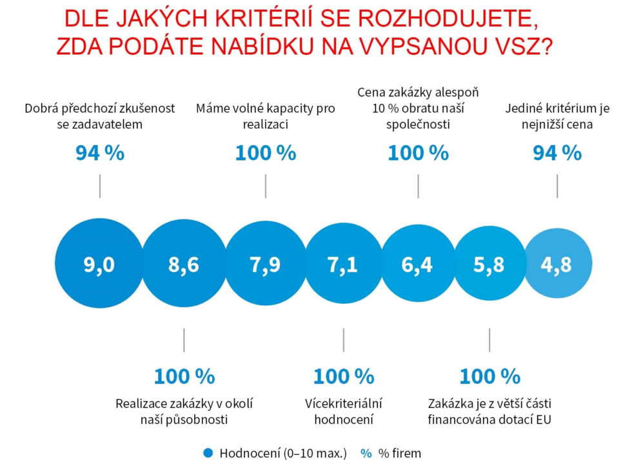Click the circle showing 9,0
coord(99,265)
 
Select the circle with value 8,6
coord(184,265)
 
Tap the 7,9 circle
coord(265,265)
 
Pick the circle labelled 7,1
coord(343,265)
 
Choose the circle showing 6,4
coord(418,265)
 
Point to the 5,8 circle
coord(489,265)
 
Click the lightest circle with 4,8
coord(557,265)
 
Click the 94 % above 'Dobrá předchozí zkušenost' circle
coord(100,154)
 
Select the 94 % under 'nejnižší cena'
coord(557,154)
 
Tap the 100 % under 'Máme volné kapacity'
coord(265,154)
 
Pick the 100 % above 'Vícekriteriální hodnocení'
coord(343,376)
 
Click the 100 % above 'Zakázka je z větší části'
coord(489,376)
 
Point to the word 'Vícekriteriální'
coord(344,404)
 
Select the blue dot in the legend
coord(208,453)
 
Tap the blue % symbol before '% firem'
coord(366,453)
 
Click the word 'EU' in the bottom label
coord(543,419)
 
